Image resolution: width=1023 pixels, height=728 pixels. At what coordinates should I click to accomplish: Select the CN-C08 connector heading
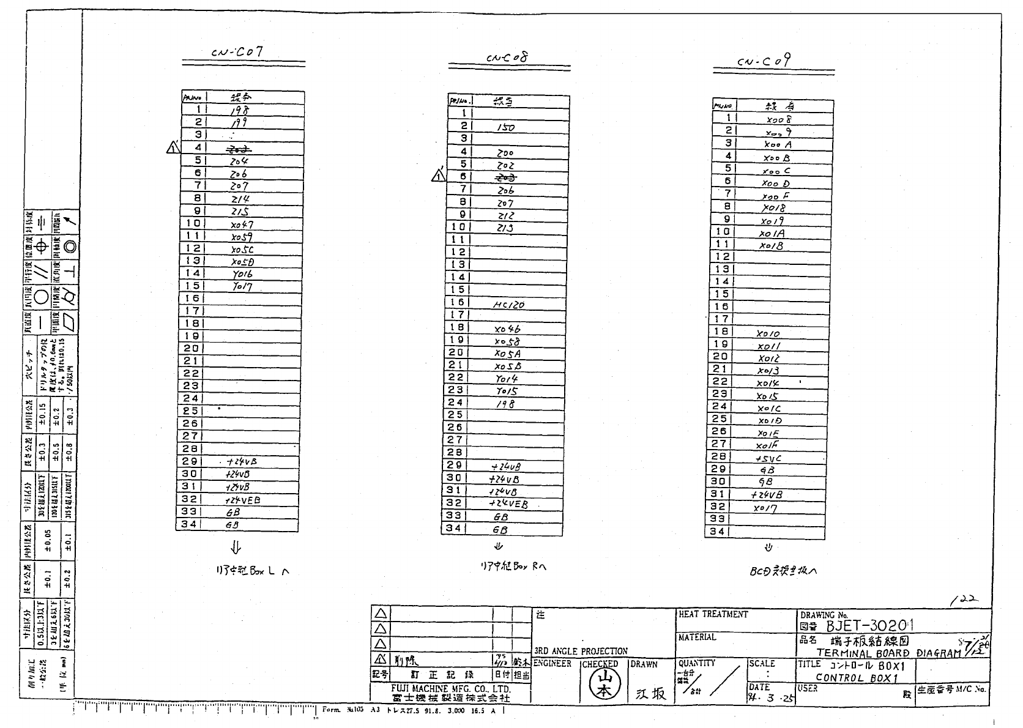tap(507, 58)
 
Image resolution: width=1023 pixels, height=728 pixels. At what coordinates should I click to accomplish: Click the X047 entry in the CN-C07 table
tap(242, 225)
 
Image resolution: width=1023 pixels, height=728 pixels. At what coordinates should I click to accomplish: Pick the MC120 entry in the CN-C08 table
tap(508, 305)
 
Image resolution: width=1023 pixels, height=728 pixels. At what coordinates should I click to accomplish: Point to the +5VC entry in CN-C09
tap(768, 458)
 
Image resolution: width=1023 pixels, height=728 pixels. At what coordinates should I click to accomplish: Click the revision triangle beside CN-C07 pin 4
tap(173, 147)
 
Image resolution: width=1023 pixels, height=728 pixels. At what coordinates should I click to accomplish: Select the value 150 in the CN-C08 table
tap(505, 127)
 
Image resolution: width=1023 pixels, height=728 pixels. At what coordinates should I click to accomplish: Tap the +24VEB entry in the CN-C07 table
tap(242, 500)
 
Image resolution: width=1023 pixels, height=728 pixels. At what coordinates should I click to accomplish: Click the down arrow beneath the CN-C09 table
tap(769, 548)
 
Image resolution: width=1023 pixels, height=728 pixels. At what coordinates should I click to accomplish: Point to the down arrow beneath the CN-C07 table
tap(236, 547)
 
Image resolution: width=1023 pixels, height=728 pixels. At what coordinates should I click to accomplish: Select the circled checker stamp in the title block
tap(603, 684)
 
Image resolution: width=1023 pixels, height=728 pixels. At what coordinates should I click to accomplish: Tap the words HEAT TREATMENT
tap(713, 614)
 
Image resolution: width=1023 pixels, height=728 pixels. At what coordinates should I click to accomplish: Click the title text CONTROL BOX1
tap(856, 678)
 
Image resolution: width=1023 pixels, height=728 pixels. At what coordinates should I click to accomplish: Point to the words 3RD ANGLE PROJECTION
tap(581, 651)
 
